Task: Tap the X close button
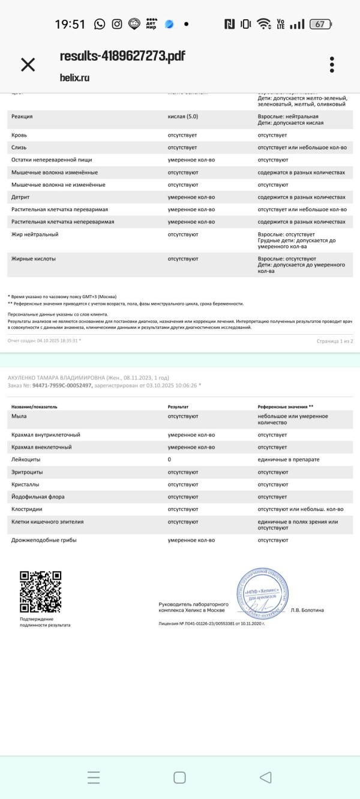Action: [x=28, y=65]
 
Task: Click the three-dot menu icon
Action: [x=332, y=65]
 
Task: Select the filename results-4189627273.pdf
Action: [x=122, y=56]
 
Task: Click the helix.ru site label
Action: [x=74, y=77]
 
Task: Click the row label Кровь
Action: [x=19, y=135]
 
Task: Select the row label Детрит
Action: [x=20, y=197]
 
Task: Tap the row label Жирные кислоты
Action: [x=34, y=259]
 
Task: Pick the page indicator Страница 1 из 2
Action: [x=335, y=341]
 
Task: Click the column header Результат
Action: [x=178, y=407]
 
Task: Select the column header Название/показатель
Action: [x=34, y=407]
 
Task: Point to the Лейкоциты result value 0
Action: [x=169, y=459]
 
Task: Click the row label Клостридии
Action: [x=27, y=509]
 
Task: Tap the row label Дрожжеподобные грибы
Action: [x=44, y=540]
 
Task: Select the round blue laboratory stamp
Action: [x=262, y=593]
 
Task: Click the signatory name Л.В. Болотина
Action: [x=307, y=610]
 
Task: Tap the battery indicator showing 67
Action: [x=320, y=24]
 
